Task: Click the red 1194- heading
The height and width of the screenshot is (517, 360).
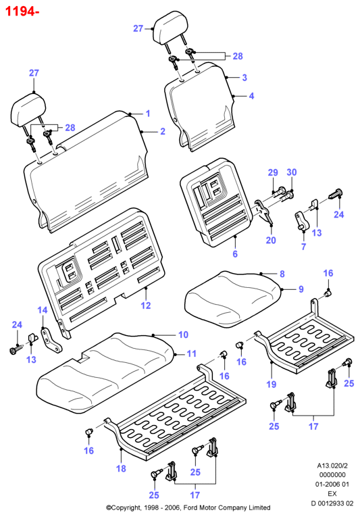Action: tap(22, 11)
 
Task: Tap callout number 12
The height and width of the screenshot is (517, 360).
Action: tap(146, 305)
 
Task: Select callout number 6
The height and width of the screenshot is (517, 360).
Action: tap(235, 254)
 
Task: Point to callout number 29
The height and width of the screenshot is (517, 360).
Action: tap(273, 172)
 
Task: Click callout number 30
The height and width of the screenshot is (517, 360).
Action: tap(292, 172)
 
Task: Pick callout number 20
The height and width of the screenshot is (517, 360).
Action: tap(271, 240)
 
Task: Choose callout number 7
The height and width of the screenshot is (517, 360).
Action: tap(304, 246)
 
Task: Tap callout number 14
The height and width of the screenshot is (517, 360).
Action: tap(43, 310)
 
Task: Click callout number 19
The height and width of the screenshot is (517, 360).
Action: tap(272, 384)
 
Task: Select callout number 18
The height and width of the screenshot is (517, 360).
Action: tap(121, 468)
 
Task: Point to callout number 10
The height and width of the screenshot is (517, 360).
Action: tap(183, 335)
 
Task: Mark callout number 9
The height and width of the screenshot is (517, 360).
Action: tap(301, 289)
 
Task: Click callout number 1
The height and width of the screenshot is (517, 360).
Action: tap(148, 114)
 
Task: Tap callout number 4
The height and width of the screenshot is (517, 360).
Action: tap(251, 96)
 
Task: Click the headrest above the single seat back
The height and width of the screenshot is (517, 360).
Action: tap(171, 29)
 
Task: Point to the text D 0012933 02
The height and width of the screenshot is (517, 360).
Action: tap(332, 503)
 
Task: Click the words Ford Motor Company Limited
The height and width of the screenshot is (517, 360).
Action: tap(227, 508)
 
